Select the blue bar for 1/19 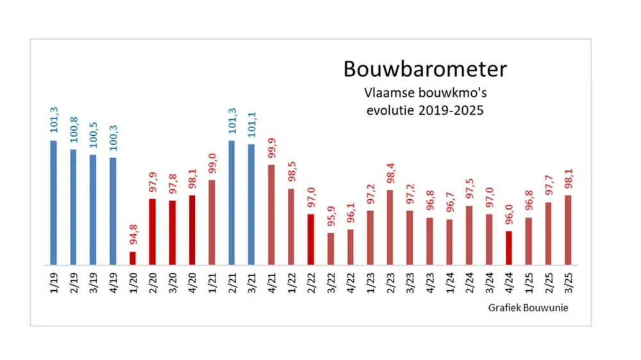click(x=53, y=202)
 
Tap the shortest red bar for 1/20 click(x=133, y=258)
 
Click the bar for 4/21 click(x=271, y=215)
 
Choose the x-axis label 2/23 click(x=390, y=282)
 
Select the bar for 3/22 click(x=331, y=249)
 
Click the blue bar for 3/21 click(x=251, y=204)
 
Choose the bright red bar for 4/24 click(x=509, y=248)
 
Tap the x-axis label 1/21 click(x=212, y=282)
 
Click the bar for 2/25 click(x=549, y=233)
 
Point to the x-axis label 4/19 click(x=113, y=282)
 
